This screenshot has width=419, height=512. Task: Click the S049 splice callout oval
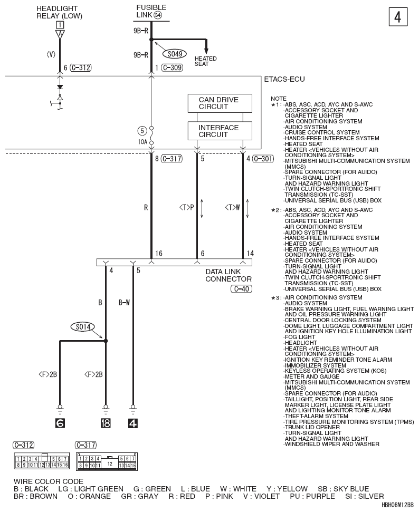175,54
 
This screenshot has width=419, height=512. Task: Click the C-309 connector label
172,68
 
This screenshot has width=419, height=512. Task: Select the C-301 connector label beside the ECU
263,159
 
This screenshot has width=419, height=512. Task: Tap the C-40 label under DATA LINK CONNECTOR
242,289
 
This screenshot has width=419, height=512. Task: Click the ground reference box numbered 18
106,423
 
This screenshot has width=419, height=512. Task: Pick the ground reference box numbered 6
60,423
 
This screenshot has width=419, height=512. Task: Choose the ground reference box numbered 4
132,423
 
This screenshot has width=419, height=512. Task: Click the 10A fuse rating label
142,142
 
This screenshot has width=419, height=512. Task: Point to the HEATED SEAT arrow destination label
206,61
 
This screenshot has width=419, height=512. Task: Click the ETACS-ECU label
284,79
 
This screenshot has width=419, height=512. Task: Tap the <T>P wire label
187,207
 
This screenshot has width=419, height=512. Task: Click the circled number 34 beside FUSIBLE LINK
158,15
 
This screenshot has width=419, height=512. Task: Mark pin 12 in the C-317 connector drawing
110,463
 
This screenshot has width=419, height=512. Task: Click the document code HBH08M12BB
397,505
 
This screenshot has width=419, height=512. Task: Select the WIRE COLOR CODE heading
49,481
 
